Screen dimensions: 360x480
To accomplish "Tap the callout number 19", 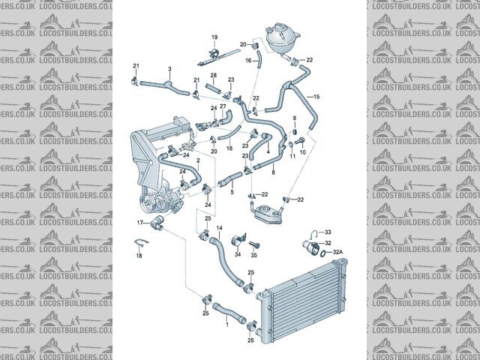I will point(214,37).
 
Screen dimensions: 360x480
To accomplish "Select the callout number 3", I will point(170,69).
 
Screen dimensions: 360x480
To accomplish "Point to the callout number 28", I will point(213,76).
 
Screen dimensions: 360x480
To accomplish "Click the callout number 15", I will point(316,97).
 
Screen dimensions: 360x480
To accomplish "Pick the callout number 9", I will point(295,119).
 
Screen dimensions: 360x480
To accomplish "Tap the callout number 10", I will point(303,151).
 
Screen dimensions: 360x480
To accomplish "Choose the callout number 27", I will point(223,107).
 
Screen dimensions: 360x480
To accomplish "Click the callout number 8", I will point(273,173).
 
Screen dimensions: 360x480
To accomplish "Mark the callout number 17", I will point(140,223).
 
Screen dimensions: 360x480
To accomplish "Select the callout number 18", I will point(139,256).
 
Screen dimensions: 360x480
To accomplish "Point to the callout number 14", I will point(220,228).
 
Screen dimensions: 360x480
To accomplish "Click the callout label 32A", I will point(337,252).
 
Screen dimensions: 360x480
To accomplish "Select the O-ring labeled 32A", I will point(322,253).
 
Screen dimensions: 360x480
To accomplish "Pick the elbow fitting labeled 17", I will point(157,222).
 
